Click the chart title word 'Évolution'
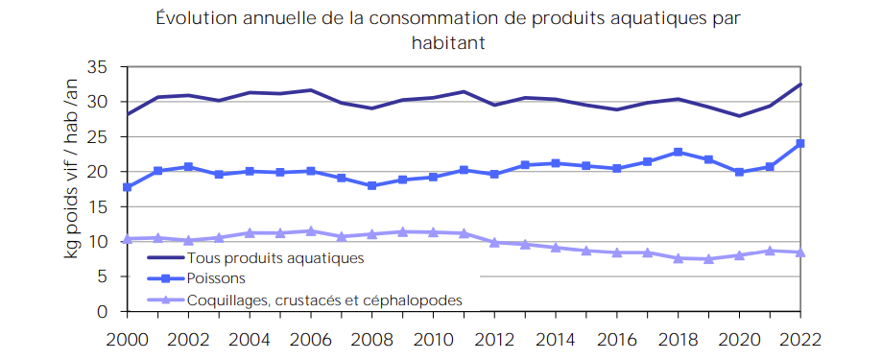[x=190, y=19]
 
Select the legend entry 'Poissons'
[x=216, y=278]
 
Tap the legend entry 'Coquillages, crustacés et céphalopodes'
[x=324, y=300]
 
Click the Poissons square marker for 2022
[x=799, y=144]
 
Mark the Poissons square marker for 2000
[x=127, y=187]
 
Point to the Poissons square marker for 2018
[x=678, y=152]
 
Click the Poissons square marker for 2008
[x=371, y=185]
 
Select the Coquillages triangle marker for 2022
[x=799, y=252]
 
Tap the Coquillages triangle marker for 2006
[x=310, y=231]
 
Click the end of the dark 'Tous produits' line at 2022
[x=799, y=84]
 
